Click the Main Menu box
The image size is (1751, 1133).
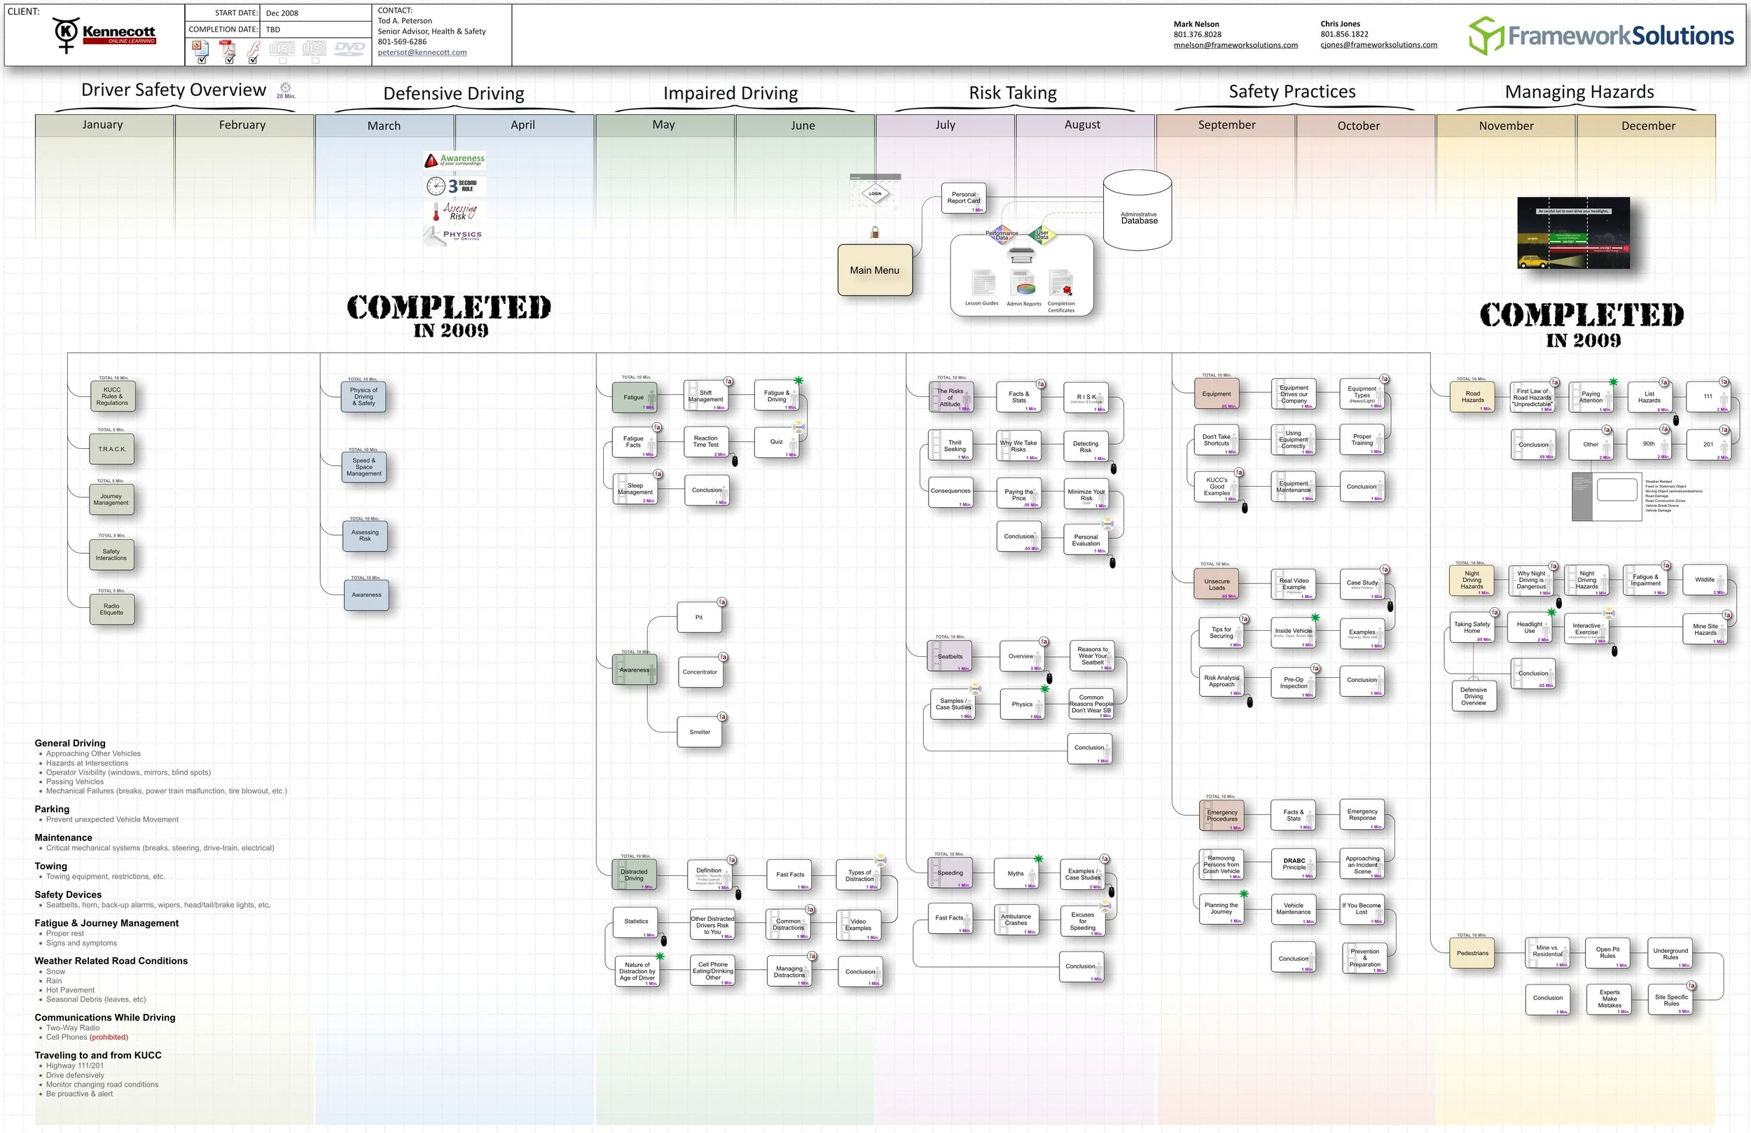tap(875, 270)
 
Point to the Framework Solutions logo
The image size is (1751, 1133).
tap(1601, 35)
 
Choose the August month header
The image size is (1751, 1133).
tap(1082, 125)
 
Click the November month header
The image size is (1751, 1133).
tap(1506, 126)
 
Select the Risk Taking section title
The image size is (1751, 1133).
tap(1012, 92)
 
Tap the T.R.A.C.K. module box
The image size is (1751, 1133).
tap(112, 449)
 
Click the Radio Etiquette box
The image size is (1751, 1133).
tap(112, 610)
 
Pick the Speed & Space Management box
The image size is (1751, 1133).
tap(364, 467)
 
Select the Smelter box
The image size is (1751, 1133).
tap(700, 732)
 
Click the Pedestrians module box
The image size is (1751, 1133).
tap(1472, 954)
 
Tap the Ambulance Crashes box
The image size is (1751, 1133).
tap(1016, 919)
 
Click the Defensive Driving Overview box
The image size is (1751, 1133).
tap(1474, 696)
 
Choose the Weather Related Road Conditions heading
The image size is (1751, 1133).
tap(111, 961)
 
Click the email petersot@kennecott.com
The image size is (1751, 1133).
tap(422, 53)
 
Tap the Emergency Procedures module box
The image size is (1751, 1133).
tap(1222, 816)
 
